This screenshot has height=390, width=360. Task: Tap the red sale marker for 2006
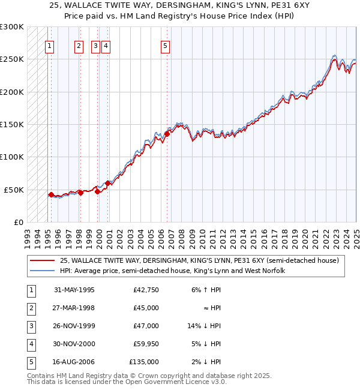coord(167,134)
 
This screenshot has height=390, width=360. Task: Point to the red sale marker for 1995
coord(51,194)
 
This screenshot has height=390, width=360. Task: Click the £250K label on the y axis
coord(12,59)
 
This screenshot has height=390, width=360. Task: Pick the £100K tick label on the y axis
coord(12,157)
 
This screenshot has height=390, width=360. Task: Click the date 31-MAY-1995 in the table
coord(74,290)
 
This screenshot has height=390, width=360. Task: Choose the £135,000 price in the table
coord(144,362)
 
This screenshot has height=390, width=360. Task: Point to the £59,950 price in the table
coord(146,344)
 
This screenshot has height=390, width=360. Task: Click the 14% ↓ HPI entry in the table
coord(204,326)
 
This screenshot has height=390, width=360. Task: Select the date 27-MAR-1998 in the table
coord(74,308)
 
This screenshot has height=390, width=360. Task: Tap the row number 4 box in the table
coord(31,344)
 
